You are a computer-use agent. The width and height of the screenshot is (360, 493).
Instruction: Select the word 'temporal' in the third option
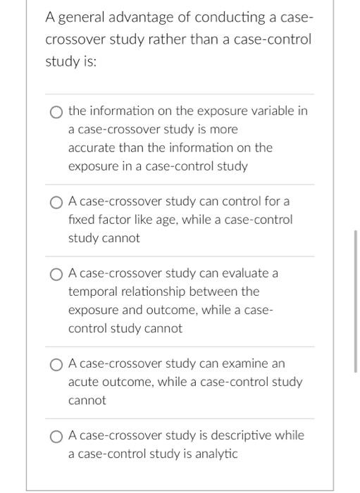tap(93, 292)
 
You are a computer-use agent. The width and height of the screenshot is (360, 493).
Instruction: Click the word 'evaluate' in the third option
tap(246, 273)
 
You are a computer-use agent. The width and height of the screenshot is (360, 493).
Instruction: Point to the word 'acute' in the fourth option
tap(84, 382)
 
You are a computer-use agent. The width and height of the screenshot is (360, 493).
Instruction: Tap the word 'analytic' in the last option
tap(216, 454)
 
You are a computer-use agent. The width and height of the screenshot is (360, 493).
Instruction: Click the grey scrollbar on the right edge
tap(356, 303)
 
